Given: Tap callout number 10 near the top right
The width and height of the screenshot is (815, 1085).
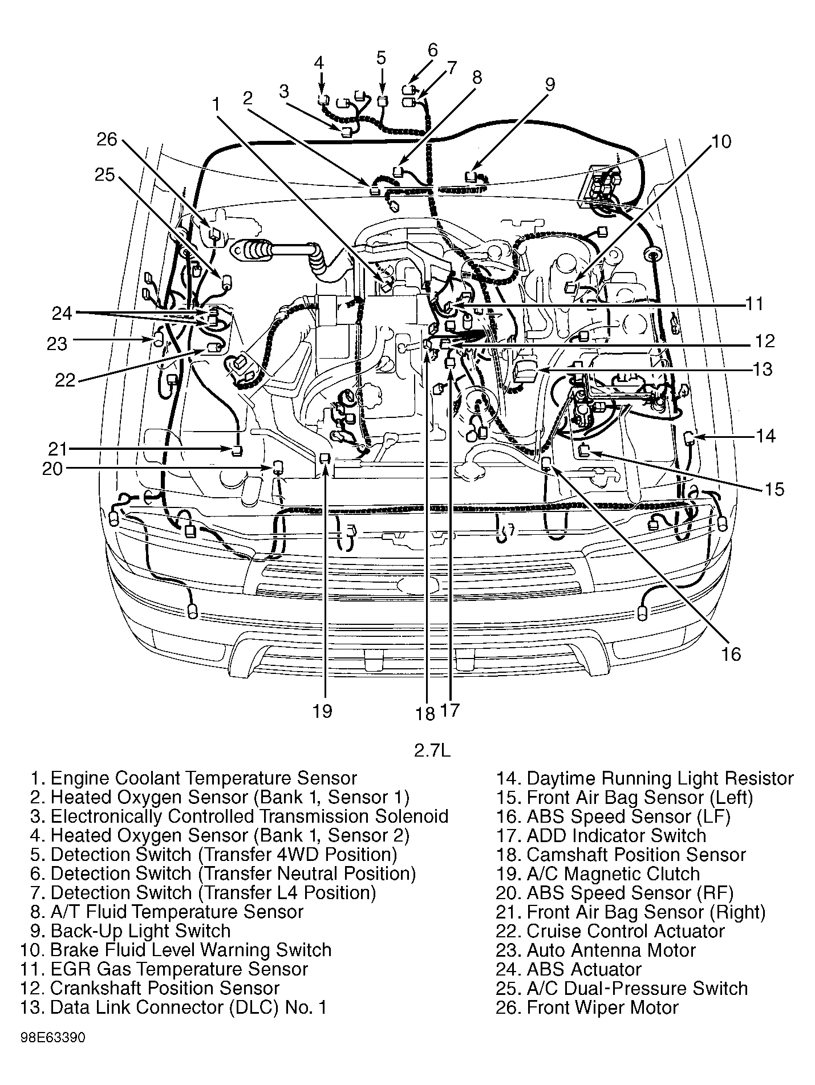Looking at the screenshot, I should click(721, 141).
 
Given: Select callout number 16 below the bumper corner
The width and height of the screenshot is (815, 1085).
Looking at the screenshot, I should click(731, 654).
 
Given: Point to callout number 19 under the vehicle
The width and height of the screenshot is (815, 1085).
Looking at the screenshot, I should click(322, 711).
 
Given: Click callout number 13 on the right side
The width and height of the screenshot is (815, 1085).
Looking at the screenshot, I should click(762, 369).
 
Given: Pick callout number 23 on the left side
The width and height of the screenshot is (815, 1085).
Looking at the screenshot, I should click(57, 343).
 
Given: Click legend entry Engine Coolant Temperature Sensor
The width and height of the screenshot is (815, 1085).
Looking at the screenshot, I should click(194, 778).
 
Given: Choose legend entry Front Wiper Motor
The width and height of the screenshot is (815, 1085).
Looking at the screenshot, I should click(586, 1007).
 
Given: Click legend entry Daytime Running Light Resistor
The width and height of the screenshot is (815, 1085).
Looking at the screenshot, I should click(644, 778).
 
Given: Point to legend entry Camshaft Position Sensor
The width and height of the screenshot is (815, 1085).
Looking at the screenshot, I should click(621, 855).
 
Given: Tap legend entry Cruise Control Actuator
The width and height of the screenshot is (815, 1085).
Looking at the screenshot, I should click(610, 931).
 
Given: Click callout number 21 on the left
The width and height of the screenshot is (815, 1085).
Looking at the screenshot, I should click(58, 449).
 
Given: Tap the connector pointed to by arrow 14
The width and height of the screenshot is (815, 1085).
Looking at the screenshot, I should click(688, 438).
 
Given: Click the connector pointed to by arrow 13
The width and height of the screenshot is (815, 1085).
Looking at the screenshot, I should click(525, 371).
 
